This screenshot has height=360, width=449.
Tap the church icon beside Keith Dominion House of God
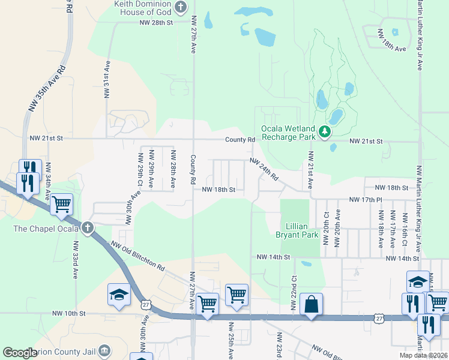[180, 7]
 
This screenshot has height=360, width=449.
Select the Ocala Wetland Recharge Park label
[288, 133]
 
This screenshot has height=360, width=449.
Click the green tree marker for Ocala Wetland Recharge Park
[325, 131]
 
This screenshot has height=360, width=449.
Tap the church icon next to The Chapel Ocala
[88, 227]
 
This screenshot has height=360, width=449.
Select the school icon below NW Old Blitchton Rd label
[119, 295]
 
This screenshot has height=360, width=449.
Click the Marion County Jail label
[66, 350]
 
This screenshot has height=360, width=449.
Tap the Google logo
[20, 353]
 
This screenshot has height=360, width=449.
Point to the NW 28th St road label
[155, 22]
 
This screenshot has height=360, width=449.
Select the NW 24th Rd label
[264, 170]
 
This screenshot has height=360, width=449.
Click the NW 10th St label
[69, 313]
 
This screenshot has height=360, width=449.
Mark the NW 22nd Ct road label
[294, 293]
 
